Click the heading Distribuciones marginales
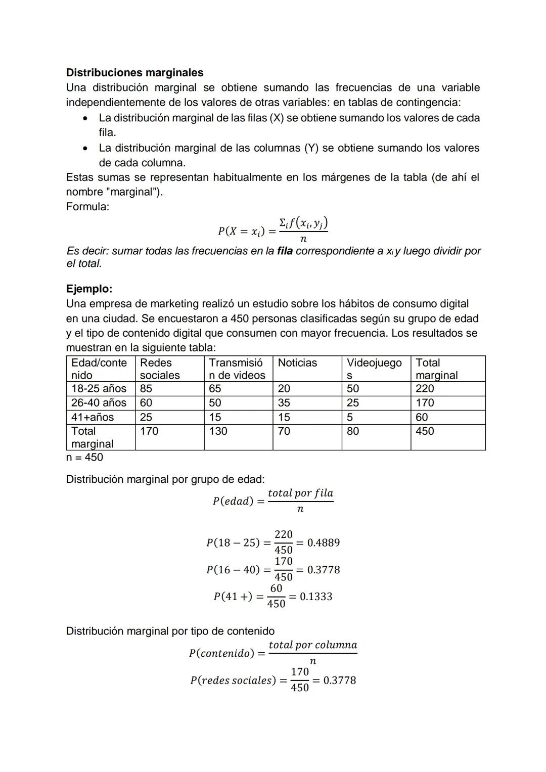(x=134, y=72)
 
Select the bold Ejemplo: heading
(x=89, y=289)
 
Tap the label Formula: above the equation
(x=87, y=206)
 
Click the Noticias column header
(x=297, y=363)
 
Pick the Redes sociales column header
(x=160, y=369)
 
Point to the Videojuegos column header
(x=374, y=369)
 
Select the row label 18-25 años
(x=99, y=388)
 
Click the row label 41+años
(x=93, y=417)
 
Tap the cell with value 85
(x=146, y=388)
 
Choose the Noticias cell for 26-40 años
(x=284, y=402)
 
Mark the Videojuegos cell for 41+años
(x=350, y=417)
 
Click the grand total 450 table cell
(x=425, y=431)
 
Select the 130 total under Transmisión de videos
(x=218, y=431)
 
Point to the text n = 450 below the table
(x=84, y=457)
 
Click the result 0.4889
(x=324, y=542)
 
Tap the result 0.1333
(x=316, y=597)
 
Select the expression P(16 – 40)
(x=233, y=570)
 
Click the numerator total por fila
(x=300, y=493)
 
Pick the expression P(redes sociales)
(x=233, y=680)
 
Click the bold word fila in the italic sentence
(x=285, y=251)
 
